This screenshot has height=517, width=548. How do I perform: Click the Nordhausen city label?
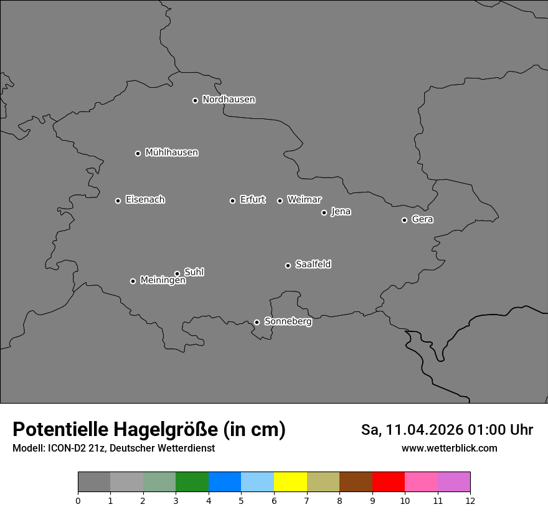tap(229, 100)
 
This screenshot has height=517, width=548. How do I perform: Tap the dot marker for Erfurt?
tap(232, 201)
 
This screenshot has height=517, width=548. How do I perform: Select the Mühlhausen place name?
tap(171, 153)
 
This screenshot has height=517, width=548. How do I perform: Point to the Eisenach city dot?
tap(118, 201)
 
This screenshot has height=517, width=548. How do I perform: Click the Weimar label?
tap(304, 200)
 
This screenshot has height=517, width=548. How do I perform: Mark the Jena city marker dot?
tap(324, 212)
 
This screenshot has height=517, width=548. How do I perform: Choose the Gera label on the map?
tap(422, 219)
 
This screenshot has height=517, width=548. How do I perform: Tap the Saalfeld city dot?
tap(288, 265)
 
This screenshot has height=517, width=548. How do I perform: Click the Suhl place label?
tap(194, 272)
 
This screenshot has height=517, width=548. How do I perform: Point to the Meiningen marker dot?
tap(133, 281)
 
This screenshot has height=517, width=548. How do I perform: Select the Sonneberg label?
tap(288, 321)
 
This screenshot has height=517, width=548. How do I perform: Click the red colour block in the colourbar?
tap(389, 482)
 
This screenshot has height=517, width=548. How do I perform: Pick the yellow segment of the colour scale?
tap(290, 482)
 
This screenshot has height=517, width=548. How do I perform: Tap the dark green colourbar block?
tap(192, 482)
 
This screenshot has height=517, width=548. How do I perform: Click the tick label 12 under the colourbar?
tap(470, 500)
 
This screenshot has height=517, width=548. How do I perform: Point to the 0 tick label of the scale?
tap(78, 500)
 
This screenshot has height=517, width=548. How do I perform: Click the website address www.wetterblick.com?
tap(449, 448)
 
